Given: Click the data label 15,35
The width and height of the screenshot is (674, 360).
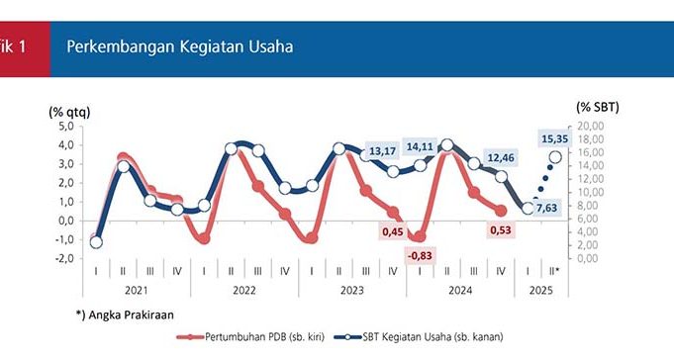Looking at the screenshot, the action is (x=554, y=138).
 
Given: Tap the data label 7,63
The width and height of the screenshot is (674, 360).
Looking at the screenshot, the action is (x=546, y=208).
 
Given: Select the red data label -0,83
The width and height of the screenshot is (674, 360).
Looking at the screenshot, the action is (x=420, y=255).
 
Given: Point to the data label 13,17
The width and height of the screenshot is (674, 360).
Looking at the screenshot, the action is (x=382, y=151).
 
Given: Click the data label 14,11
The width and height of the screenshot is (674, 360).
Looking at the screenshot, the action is (x=420, y=146).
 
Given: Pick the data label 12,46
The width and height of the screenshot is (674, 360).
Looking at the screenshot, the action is (x=501, y=157).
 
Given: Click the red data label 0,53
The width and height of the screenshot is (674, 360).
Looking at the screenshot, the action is (x=501, y=230).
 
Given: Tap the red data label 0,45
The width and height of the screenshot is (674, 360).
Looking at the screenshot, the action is (x=393, y=232).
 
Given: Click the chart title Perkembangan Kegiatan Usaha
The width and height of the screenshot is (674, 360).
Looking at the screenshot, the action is (x=180, y=46).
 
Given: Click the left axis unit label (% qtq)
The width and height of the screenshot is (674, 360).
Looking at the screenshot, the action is (x=69, y=112).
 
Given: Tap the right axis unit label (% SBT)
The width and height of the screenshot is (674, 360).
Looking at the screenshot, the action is (x=598, y=107).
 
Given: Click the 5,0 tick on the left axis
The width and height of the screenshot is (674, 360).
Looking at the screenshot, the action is (x=65, y=127).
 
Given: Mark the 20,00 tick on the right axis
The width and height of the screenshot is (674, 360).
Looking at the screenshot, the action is (x=589, y=126).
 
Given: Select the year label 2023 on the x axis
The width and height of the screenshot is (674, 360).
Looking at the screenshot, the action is (x=352, y=291).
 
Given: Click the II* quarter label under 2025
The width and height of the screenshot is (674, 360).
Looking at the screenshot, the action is (x=554, y=271).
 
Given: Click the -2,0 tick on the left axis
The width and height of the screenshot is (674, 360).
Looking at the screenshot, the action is (x=64, y=258).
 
